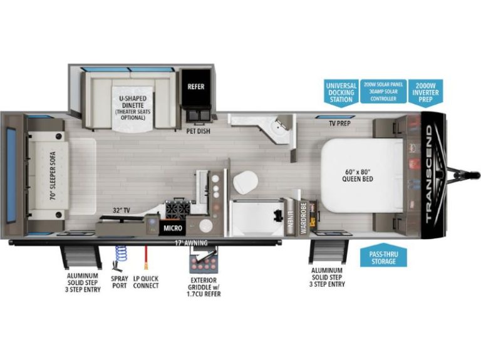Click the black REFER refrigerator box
196,87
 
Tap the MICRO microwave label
173,228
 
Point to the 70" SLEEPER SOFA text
53,176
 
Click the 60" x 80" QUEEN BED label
358,175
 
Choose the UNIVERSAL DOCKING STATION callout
341,93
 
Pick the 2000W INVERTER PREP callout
426,93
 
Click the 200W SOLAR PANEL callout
383,91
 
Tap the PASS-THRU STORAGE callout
383,255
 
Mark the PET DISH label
199,131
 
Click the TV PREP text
339,123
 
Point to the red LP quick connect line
147,257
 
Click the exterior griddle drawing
204,259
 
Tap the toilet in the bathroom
245,182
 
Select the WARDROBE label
303,218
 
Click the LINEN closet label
290,218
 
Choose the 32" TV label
121,210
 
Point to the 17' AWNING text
191,243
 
